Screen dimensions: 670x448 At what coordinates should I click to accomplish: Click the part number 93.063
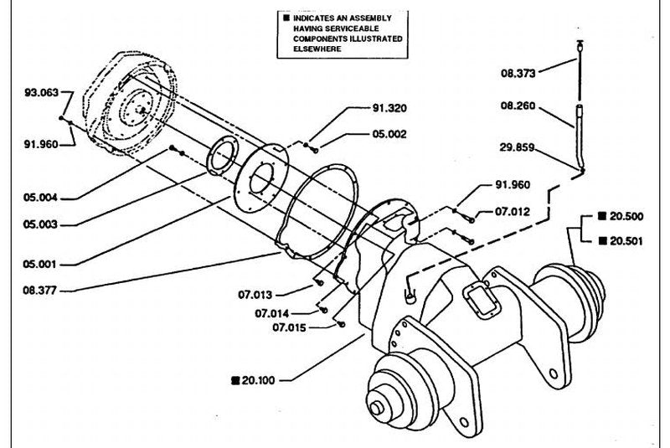41,93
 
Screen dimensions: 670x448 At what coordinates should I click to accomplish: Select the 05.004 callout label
40,198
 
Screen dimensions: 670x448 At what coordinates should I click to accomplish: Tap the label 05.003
40,224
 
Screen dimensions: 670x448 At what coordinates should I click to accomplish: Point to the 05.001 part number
39,265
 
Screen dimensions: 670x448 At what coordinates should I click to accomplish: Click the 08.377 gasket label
39,291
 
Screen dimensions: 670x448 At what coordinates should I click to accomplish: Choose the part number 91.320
389,108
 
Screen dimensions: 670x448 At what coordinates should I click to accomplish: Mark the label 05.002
389,134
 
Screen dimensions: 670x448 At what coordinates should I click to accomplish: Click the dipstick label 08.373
518,74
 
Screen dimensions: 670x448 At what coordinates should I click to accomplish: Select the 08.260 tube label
518,106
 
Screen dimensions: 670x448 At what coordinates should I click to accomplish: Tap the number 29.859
517,147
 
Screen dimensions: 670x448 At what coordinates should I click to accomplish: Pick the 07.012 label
513,211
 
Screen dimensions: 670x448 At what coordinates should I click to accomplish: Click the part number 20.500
626,217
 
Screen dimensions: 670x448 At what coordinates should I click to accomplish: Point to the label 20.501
626,241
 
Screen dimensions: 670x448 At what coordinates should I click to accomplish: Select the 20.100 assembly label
259,380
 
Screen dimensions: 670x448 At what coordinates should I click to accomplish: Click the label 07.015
289,327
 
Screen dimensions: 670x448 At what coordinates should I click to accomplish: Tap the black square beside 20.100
235,380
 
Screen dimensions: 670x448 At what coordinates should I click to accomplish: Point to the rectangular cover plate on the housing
482,301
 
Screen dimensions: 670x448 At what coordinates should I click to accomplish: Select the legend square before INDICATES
286,18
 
